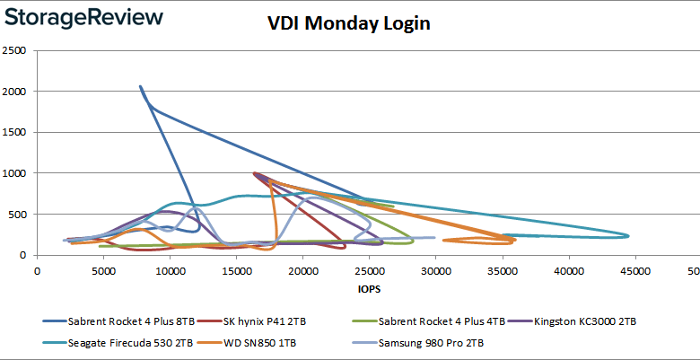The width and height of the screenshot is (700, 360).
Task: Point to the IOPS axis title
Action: pos(366,289)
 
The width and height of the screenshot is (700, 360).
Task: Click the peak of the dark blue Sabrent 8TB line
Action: pos(140,87)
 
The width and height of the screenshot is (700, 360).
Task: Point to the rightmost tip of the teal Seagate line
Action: pos(628,236)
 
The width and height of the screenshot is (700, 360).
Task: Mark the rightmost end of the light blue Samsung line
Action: pos(434,238)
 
